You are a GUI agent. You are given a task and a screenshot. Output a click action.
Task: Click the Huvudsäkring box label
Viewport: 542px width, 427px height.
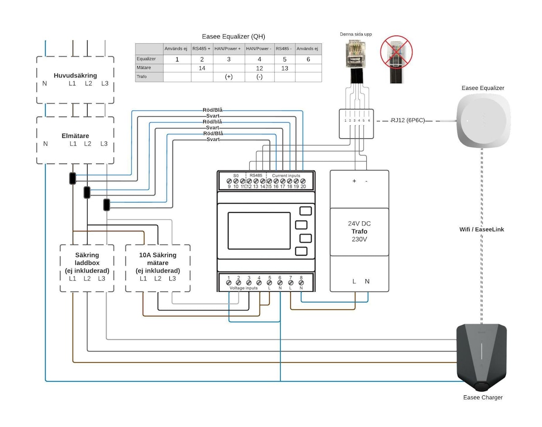[75, 75]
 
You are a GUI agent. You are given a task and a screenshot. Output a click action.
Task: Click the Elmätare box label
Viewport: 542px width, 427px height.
[75, 135]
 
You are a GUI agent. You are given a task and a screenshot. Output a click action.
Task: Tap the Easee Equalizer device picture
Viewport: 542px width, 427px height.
[483, 121]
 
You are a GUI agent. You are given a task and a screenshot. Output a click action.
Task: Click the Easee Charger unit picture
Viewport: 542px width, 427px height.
[481, 357]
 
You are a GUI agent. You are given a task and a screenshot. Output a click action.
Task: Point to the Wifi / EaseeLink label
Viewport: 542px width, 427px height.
[481, 230]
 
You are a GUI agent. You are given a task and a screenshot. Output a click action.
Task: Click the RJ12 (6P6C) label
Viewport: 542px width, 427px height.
[408, 121]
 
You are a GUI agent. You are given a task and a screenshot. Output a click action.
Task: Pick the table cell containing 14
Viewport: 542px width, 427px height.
[202, 68]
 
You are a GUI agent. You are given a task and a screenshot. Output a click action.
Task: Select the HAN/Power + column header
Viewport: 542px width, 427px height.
[229, 49]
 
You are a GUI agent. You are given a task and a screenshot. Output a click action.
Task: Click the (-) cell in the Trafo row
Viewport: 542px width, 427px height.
[259, 77]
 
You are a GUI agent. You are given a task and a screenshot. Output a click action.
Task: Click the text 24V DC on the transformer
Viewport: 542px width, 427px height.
[359, 224]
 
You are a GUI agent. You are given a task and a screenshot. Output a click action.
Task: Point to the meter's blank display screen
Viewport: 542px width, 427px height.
[258, 230]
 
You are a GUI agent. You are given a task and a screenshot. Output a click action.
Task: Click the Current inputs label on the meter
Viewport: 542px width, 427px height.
[286, 175]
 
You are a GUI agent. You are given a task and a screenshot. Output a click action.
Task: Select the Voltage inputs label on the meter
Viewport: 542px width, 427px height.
[243, 288]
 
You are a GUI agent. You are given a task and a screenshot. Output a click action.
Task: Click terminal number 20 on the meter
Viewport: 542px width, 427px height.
[303, 186]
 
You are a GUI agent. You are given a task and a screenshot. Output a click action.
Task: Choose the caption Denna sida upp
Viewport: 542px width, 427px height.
[356, 34]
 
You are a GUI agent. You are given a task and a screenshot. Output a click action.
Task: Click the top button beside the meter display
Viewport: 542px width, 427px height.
[305, 211]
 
